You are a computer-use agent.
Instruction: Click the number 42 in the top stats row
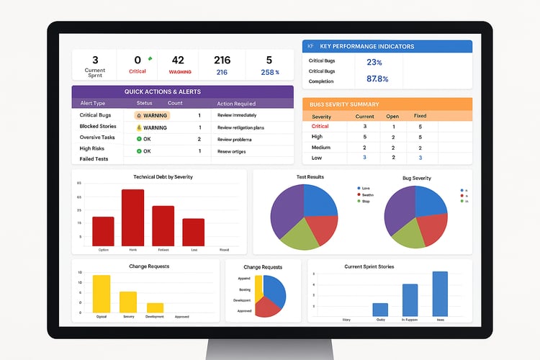178,60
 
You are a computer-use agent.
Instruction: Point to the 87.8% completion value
377,79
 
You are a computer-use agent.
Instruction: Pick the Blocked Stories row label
99,127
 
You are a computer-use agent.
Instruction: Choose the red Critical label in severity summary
320,126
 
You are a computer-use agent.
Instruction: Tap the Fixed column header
420,116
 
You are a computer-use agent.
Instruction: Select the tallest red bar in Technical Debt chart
133,217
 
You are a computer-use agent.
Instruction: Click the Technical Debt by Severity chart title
163,176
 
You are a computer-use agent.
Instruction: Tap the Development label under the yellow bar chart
155,315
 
